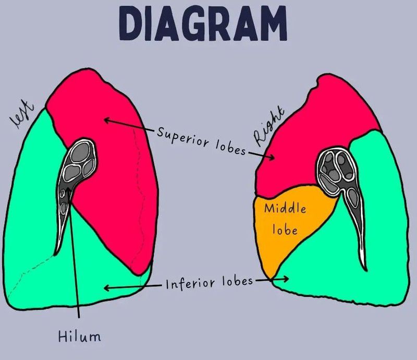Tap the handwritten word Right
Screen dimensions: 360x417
point(269,126)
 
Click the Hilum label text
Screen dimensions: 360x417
point(79,337)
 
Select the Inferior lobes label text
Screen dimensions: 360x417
point(209,283)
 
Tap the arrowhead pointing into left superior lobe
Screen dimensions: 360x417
point(106,120)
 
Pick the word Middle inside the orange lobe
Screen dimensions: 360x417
point(285,209)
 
